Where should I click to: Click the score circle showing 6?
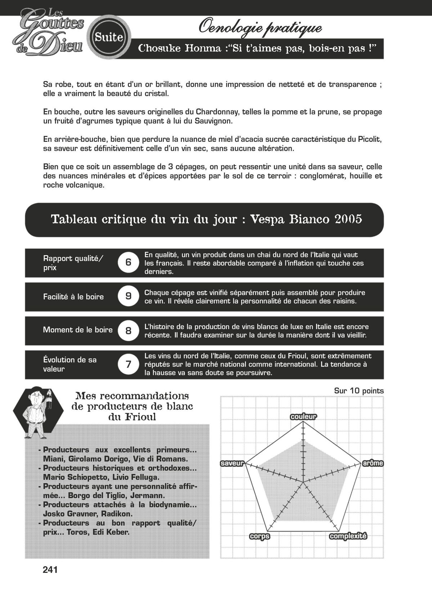pos(128,262)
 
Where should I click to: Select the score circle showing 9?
pos(128,296)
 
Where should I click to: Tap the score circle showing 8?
pos(128,330)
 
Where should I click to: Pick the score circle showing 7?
pos(128,364)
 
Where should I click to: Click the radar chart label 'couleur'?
pos(303,417)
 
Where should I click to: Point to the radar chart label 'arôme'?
pos(373,463)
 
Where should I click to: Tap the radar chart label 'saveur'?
pos(232,463)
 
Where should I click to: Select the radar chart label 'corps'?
pos(260,536)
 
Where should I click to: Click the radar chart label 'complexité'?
pos(348,536)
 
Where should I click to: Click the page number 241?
pos(50,570)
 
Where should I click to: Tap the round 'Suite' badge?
pos(109,37)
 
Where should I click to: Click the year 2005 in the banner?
pos(348,219)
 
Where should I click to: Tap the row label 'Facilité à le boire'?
pos(73,297)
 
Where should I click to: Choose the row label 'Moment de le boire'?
pos(77,330)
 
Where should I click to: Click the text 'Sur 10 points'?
pos(359,391)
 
